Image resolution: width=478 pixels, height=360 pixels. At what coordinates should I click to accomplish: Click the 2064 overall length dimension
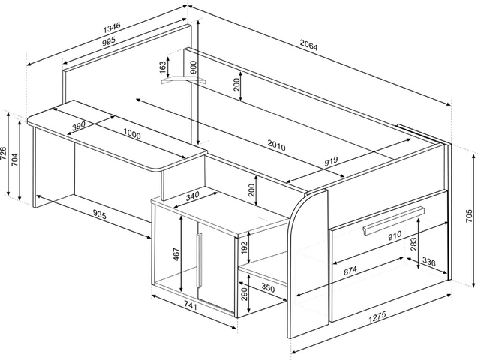tap(309, 46)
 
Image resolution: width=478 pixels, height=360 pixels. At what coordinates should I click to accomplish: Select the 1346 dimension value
tap(113, 28)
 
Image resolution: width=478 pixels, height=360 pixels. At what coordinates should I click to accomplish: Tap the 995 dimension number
tap(109, 41)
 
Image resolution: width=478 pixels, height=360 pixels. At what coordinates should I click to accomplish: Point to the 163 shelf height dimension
tap(163, 67)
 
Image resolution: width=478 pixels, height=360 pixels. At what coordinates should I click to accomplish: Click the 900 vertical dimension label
tap(194, 67)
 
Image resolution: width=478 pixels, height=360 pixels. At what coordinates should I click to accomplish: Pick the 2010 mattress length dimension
tap(276, 145)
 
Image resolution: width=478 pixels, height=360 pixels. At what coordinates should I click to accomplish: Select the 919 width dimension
tap(331, 160)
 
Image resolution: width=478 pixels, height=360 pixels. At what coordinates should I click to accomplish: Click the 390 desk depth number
tap(78, 126)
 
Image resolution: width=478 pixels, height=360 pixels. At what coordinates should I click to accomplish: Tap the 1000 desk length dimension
tap(132, 133)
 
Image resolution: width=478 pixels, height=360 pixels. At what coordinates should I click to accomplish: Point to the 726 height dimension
tap(3, 153)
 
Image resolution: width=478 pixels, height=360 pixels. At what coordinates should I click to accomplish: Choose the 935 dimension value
tap(99, 215)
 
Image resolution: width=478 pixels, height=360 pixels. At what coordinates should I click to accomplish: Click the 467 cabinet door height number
tap(176, 254)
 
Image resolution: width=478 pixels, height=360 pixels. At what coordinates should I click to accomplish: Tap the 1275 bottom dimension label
tap(377, 316)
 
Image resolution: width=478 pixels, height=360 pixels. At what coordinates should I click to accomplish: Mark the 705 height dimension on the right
tap(470, 216)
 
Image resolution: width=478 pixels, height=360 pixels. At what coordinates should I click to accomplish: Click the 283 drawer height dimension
tap(413, 244)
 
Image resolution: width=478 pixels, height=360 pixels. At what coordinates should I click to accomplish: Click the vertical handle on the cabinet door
tap(199, 259)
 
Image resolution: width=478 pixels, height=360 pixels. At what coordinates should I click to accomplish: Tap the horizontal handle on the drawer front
tap(393, 220)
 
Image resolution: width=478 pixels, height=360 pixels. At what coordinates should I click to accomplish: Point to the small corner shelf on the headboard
tap(184, 79)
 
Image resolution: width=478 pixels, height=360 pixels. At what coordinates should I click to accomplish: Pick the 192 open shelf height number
tap(245, 247)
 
